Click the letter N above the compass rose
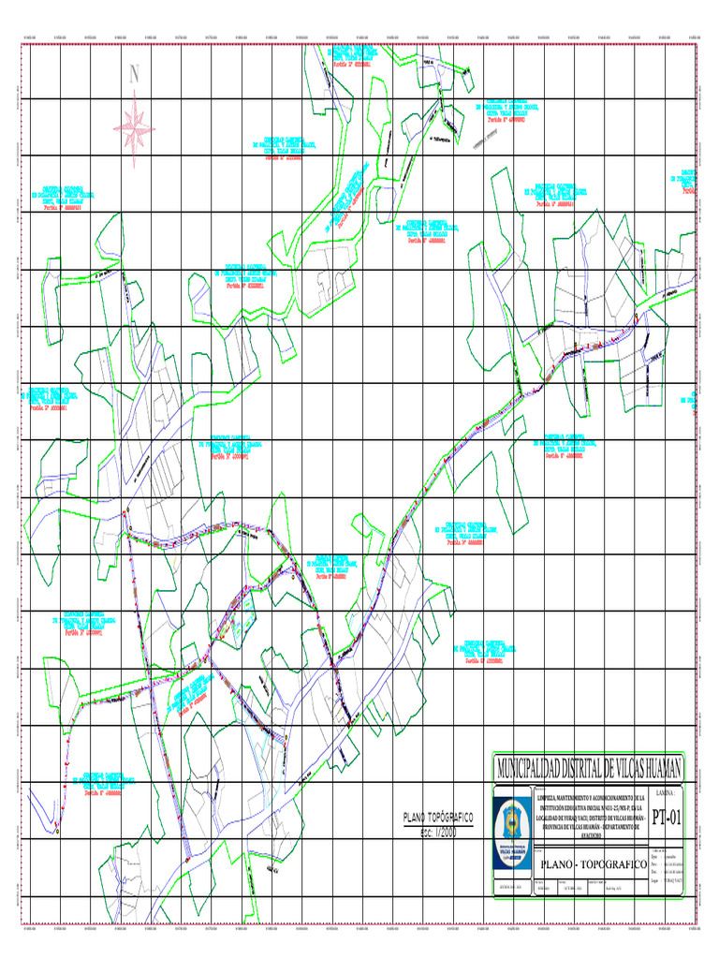pos(135,74)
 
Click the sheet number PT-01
pos(668,818)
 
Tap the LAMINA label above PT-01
pos(667,792)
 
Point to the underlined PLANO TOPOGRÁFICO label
pos(437,818)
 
